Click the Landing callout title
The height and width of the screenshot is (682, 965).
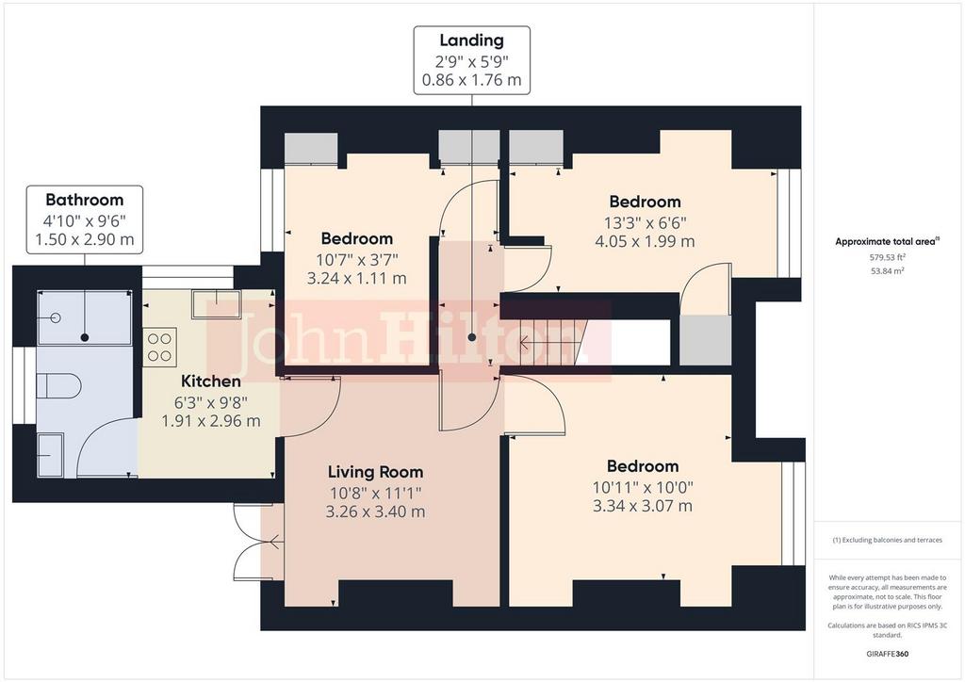tap(471, 41)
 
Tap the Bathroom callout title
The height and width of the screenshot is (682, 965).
tap(84, 200)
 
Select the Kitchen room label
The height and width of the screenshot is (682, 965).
tap(211, 382)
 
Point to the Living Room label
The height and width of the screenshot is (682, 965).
tap(375, 472)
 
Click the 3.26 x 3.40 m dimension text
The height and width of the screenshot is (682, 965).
tap(375, 511)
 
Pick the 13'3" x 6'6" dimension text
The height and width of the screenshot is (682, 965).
tap(645, 222)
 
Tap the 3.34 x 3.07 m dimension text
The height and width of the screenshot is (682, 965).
tap(643, 506)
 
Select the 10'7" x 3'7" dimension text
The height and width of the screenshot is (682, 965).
tap(357, 259)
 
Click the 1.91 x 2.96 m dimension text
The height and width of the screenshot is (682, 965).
tap(211, 421)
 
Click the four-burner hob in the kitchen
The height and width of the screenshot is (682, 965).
tap(160, 348)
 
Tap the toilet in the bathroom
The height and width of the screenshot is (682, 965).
tap(58, 386)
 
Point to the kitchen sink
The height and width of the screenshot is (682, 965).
tap(216, 304)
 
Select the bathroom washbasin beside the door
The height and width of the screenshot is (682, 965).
tap(50, 455)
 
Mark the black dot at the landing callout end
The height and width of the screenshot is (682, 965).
tap(472, 337)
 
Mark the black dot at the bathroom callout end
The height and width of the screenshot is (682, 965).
tap(84, 337)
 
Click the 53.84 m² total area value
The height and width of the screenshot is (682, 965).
tap(887, 271)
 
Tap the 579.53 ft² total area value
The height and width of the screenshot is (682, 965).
tap(887, 258)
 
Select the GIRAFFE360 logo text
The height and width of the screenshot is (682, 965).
tap(887, 654)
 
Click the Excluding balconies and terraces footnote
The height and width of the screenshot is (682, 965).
tap(887, 540)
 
